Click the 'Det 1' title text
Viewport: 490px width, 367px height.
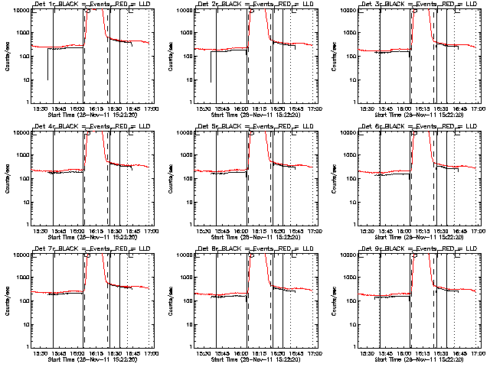[x=42, y=5]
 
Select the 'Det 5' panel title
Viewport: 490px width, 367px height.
[x=207, y=128]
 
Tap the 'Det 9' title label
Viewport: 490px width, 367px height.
[x=371, y=250]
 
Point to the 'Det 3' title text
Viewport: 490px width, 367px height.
[x=371, y=5]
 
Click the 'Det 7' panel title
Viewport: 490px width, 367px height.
[x=42, y=250]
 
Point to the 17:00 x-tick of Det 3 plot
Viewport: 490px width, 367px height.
[x=479, y=109]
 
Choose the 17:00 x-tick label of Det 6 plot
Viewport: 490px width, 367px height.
[x=479, y=232]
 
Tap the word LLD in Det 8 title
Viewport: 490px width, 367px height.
[x=308, y=250]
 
